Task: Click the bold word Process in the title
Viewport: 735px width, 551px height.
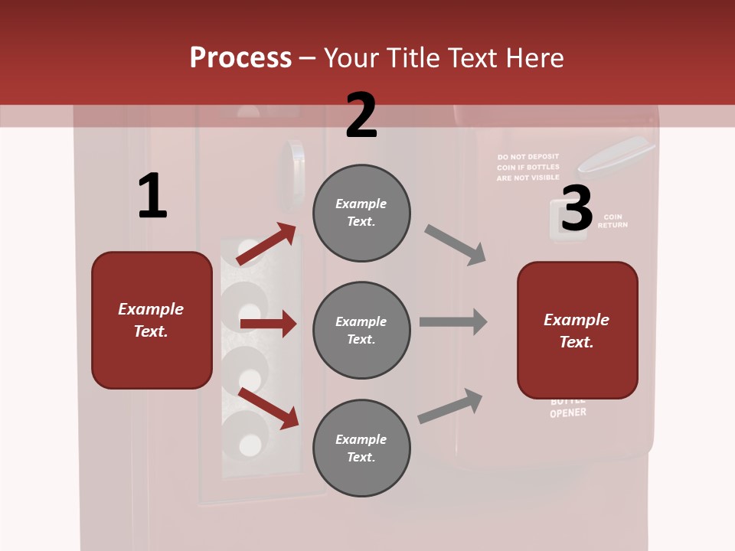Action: pos(240,57)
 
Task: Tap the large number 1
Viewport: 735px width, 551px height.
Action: pos(152,197)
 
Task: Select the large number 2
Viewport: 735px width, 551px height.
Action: pos(361,116)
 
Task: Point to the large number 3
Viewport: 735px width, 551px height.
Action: pos(577,208)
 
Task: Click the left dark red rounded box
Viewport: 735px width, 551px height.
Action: pos(152,320)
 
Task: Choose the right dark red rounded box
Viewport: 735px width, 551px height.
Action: pos(577,330)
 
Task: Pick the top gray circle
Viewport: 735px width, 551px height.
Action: pos(361,213)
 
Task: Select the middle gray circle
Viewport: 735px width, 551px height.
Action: pos(361,330)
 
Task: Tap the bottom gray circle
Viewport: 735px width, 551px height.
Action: pos(361,448)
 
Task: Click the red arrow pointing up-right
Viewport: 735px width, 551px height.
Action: pos(266,244)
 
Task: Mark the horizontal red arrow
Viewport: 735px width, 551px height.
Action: pos(268,324)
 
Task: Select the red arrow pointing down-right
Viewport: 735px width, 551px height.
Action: pos(269,408)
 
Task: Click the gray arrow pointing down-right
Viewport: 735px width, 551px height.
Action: pos(455,245)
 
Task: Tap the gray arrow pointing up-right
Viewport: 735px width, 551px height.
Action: pos(450,406)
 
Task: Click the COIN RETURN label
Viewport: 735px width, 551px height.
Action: pos(612,221)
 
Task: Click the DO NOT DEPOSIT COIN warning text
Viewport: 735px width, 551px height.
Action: pos(528,167)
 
